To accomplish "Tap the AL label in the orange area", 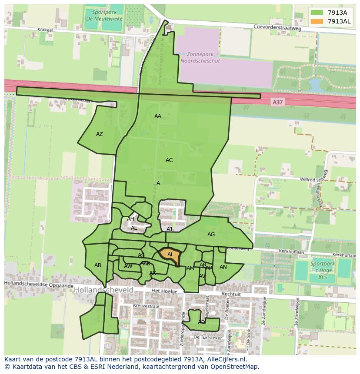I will click(x=170, y=255).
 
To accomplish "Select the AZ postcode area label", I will click(x=100, y=134).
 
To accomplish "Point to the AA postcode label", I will click(x=158, y=116).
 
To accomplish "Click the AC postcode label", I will click(x=169, y=160).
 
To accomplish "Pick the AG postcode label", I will click(x=211, y=235).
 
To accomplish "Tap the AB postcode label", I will click(x=98, y=265).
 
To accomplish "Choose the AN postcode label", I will click(x=223, y=267).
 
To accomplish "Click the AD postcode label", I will click(x=201, y=322).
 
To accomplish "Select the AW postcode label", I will click(x=128, y=266).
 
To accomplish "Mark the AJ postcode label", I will click(x=170, y=229).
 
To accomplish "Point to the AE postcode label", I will click(x=134, y=228).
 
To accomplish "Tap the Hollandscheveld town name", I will click(x=103, y=290).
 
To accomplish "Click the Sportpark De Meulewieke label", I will click(x=100, y=16).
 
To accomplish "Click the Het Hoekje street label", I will click(x=162, y=291).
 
